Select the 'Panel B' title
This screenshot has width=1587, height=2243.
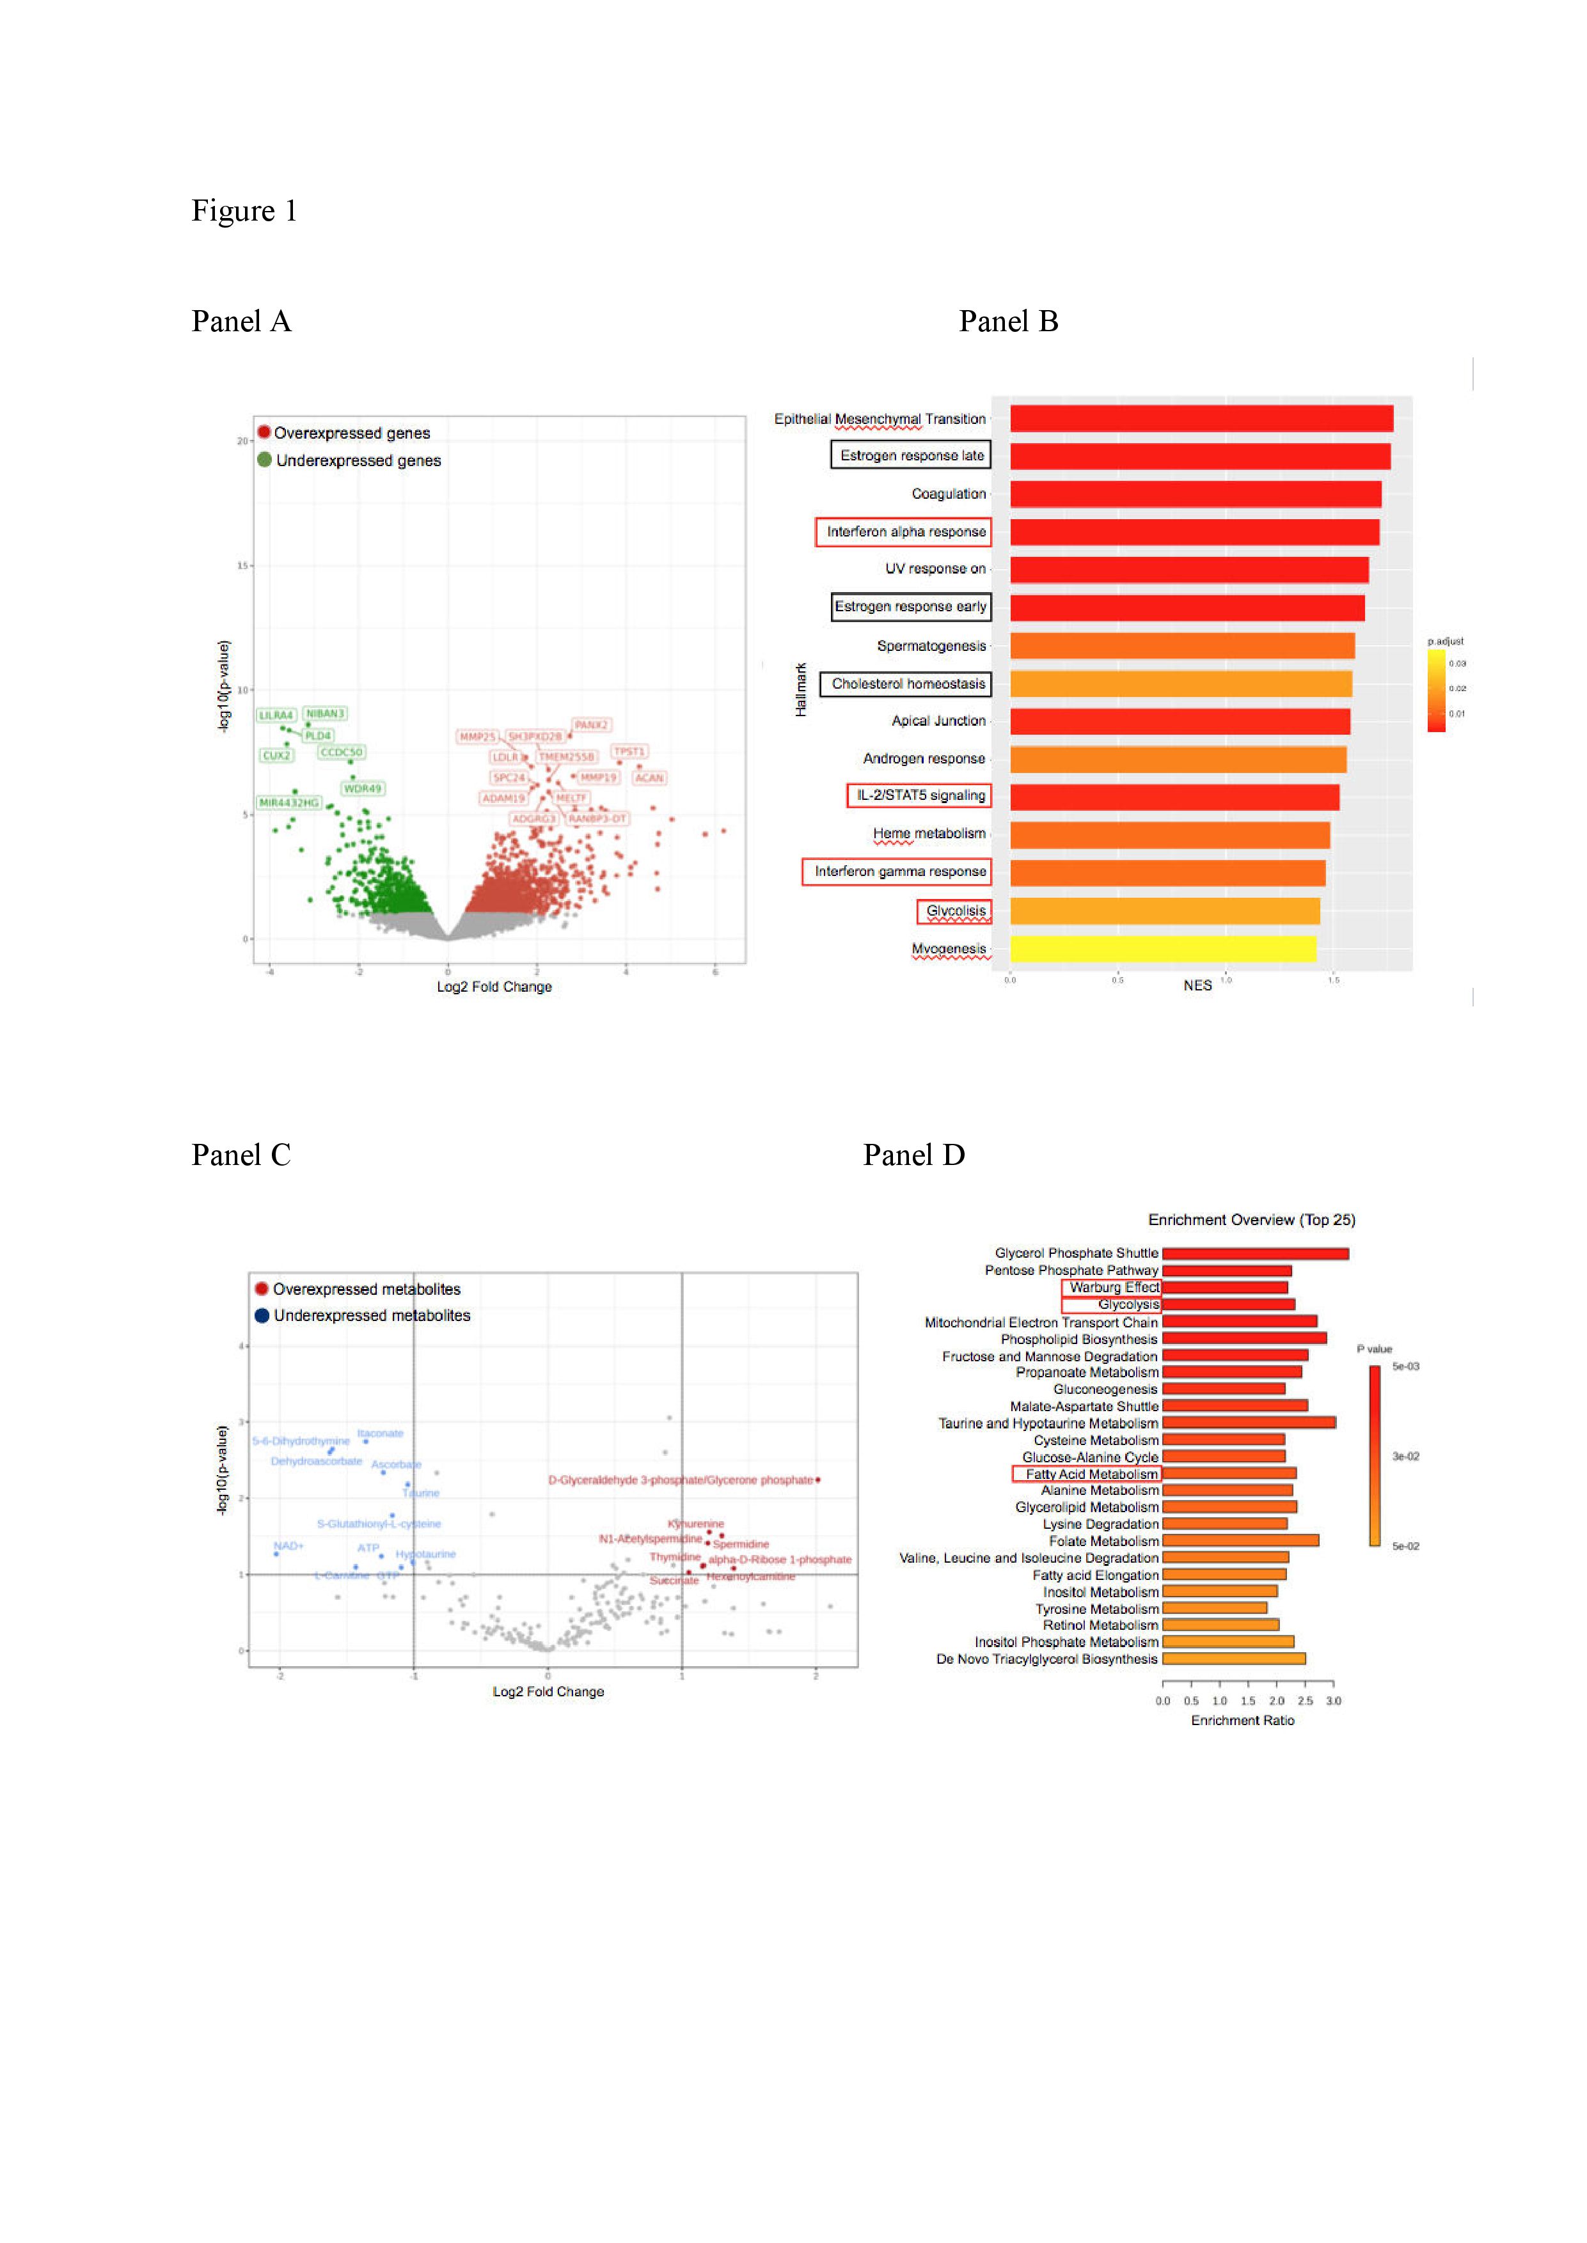[x=1009, y=322]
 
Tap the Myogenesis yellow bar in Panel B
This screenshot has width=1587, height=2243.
[x=1163, y=949]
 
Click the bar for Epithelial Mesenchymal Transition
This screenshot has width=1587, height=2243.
[x=1201, y=419]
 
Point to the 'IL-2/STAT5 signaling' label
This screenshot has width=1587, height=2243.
[x=920, y=795]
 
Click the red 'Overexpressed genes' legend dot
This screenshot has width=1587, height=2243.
[x=264, y=432]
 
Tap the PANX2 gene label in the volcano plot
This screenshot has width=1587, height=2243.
[x=591, y=725]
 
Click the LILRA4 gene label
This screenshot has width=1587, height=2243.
[x=276, y=715]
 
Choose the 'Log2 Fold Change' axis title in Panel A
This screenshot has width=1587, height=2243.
[x=494, y=987]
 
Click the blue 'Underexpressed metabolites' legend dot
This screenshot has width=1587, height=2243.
[x=262, y=1315]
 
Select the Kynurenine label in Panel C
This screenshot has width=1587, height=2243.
[x=696, y=1524]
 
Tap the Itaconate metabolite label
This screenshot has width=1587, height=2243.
[x=380, y=1433]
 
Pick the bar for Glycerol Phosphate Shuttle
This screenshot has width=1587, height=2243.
[x=1255, y=1253]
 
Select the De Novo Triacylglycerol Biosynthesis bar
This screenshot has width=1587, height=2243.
[x=1233, y=1659]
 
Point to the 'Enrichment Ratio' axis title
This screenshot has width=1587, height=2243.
[x=1242, y=1721]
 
